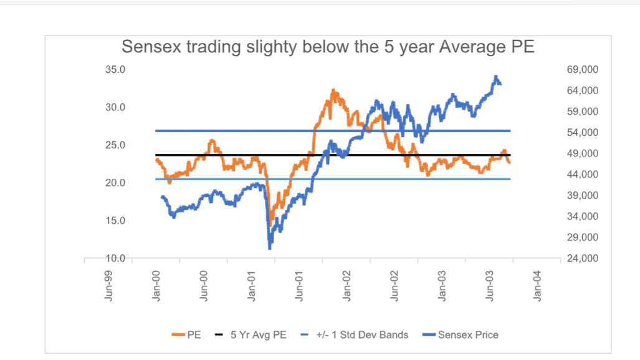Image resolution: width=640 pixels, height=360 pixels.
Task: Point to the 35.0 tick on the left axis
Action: coord(115,70)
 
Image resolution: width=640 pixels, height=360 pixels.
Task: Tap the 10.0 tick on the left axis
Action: coord(115,258)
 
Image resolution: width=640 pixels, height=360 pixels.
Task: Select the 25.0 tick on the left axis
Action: coord(115,145)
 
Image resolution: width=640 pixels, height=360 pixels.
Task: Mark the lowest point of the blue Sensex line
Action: coord(270,249)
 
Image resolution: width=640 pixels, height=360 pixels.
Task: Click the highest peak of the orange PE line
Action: coord(333,90)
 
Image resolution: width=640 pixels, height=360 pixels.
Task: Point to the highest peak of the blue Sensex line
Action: coord(496,77)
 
